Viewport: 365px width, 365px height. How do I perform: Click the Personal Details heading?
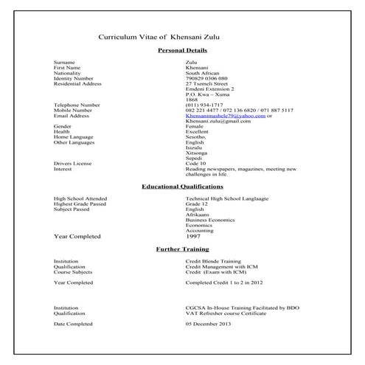tap(182, 50)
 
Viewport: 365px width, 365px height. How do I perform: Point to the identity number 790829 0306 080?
tap(206, 78)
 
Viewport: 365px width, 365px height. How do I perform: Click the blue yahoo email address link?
tap(225, 116)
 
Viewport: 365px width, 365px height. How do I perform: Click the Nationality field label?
tap(69, 73)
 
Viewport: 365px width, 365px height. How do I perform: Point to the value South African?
tap(204, 73)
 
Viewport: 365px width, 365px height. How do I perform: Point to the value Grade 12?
tap(198, 204)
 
